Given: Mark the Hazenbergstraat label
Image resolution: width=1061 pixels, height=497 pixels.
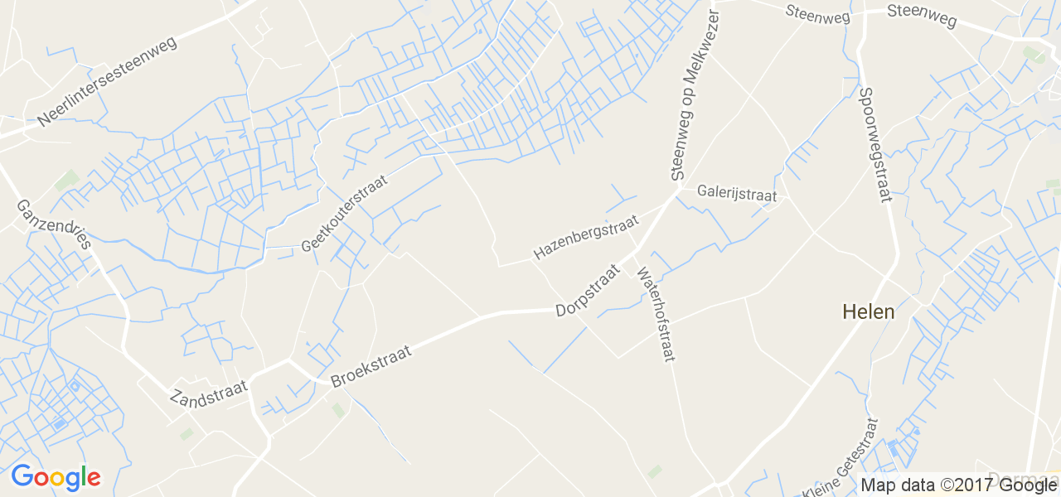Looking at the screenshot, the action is click(587, 237).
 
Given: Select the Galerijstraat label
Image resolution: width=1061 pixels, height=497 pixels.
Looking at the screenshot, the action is click(737, 194).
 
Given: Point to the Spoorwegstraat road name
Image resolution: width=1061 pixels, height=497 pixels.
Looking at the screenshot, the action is click(875, 145).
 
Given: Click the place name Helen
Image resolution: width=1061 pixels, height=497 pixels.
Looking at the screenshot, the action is click(868, 312).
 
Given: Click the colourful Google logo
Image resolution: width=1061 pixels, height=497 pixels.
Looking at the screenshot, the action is click(56, 478).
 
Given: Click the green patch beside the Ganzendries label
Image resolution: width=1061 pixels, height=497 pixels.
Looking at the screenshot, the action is click(67, 179).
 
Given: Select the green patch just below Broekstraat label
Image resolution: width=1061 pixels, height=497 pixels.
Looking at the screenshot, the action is click(338, 409).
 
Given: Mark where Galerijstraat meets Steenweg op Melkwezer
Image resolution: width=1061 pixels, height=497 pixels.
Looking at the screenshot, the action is click(679, 190).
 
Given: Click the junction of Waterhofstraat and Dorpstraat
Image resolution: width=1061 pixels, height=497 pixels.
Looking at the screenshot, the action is click(636, 249).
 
